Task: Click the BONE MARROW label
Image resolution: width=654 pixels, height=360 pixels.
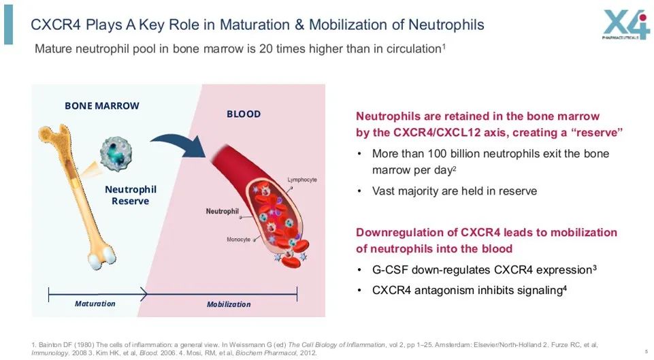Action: [102, 105]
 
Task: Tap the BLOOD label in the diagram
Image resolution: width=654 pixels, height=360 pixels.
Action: [244, 114]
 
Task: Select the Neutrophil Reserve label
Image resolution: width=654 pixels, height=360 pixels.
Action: [131, 195]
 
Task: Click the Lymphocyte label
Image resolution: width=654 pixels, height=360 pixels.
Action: [302, 180]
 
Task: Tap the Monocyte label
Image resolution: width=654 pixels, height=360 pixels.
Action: [238, 240]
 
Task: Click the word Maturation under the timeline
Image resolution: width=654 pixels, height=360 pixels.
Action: [95, 304]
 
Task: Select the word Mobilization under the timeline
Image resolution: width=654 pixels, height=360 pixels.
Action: [229, 304]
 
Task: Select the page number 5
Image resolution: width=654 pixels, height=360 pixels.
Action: [645, 351]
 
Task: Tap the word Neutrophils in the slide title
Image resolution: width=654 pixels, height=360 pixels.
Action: [446, 25]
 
